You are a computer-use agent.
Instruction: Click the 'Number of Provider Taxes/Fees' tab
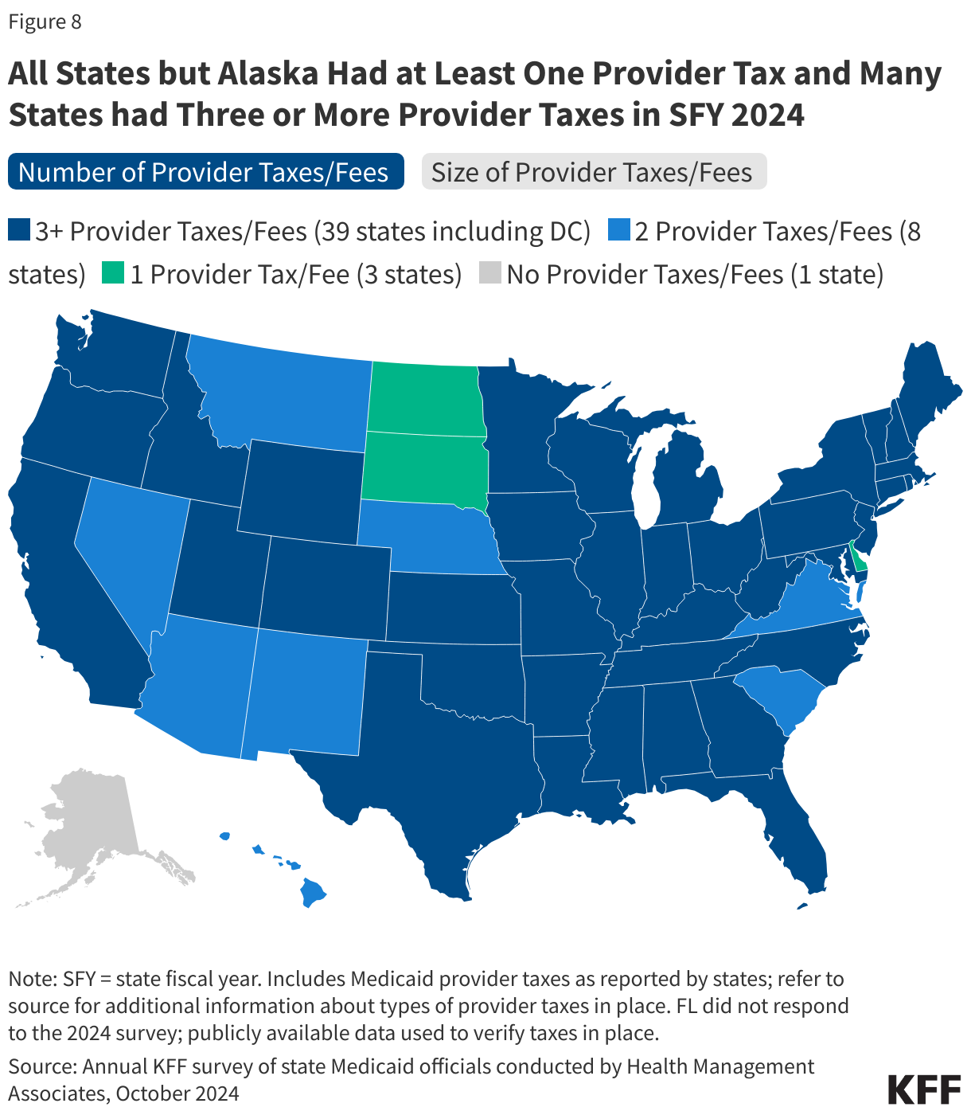(205, 172)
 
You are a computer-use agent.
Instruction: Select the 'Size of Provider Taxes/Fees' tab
(594, 172)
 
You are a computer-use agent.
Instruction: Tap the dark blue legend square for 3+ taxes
(19, 231)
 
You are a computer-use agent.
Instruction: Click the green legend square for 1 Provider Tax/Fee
(112, 274)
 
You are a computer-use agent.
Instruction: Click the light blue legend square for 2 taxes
(618, 231)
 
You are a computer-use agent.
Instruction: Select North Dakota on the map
(425, 398)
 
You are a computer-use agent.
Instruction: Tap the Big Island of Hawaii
(313, 892)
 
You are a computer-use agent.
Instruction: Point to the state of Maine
(915, 390)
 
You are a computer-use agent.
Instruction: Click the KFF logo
(923, 1089)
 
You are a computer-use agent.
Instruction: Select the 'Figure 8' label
(45, 22)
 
